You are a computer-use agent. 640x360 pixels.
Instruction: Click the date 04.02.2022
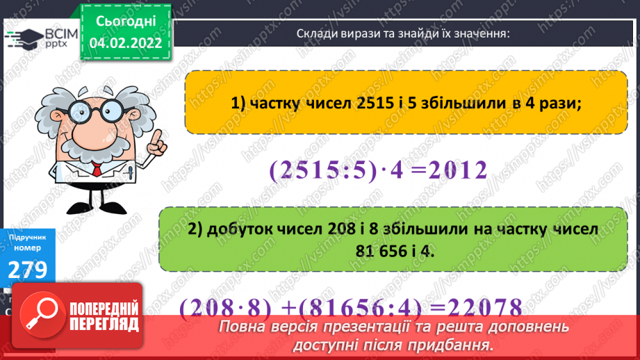(x=127, y=42)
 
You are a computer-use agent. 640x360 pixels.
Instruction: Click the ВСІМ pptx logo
(x=40, y=36)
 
